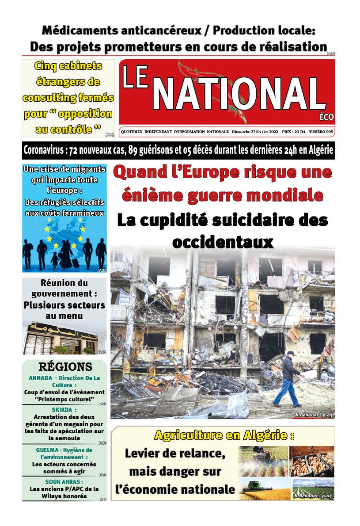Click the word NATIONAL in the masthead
239,94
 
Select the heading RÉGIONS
65,367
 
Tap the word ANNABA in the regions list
41,378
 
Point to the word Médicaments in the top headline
79,31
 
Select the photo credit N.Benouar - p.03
314,415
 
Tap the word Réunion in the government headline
58,283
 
